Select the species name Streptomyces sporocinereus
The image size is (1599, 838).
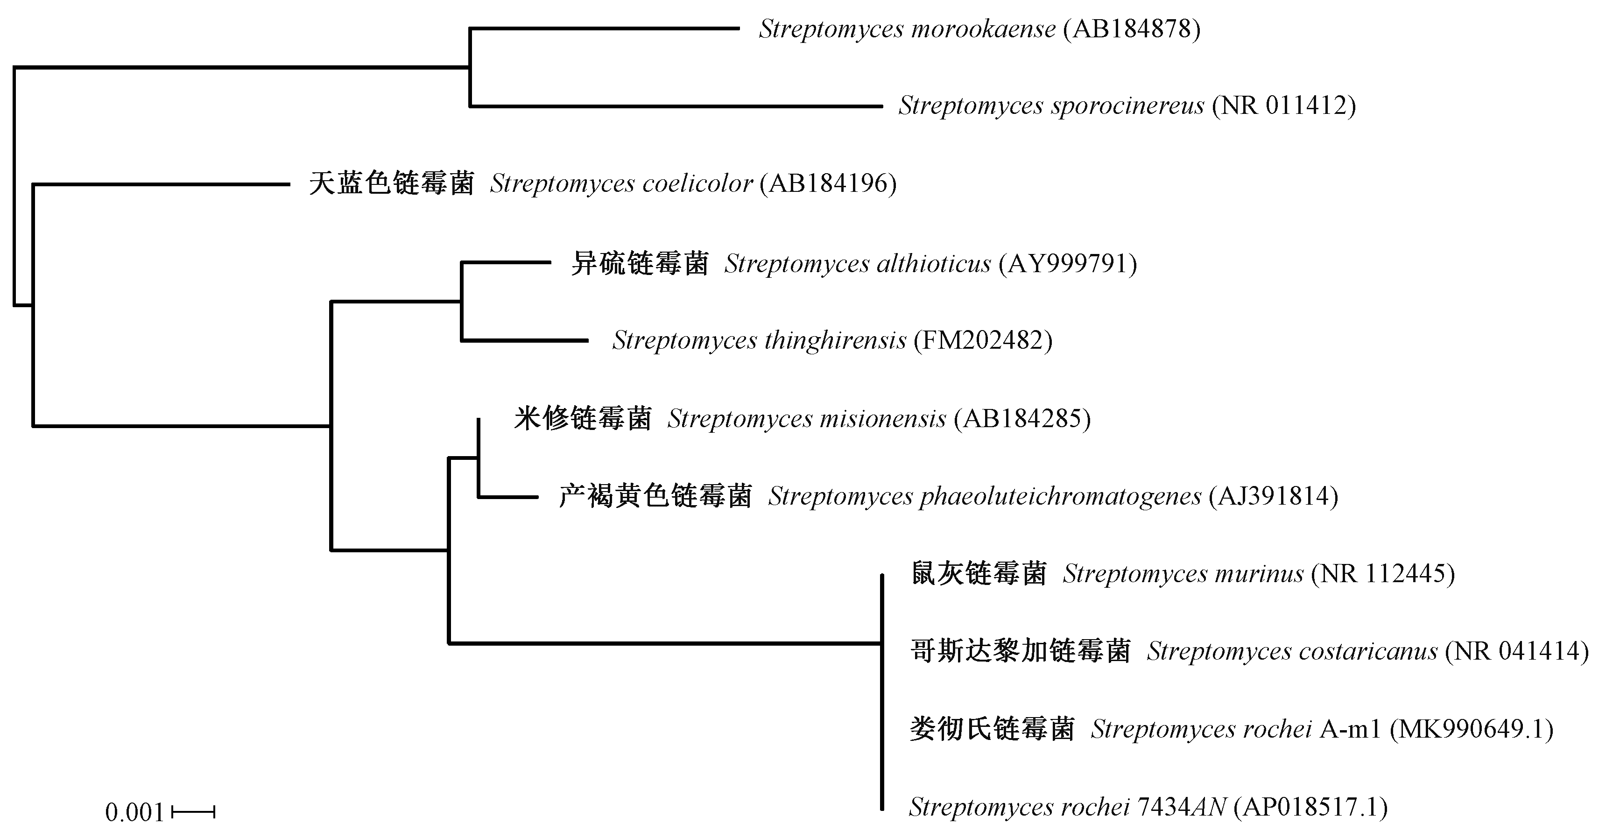point(1051,106)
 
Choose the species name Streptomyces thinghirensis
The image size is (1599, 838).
point(759,340)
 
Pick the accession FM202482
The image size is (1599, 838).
point(983,340)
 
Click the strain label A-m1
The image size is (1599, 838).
point(1350,729)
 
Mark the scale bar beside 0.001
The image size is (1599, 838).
point(193,812)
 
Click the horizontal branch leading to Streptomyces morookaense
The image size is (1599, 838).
point(605,28)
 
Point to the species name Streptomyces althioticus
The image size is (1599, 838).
point(858,264)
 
